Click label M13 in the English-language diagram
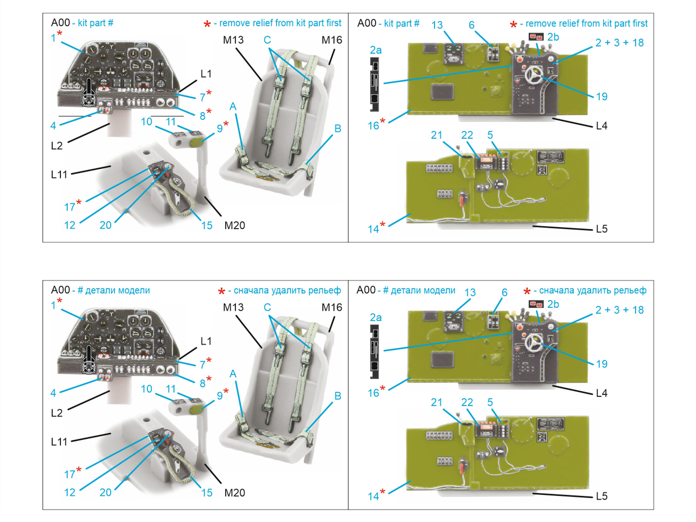coord(233,40)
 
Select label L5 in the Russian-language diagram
coord(602,496)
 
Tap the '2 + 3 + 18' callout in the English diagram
coord(619,43)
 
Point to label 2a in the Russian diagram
coord(375,318)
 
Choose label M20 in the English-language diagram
coord(234,225)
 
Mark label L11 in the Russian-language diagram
coord(59,442)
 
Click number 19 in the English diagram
coord(602,97)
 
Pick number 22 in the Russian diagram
coord(467,402)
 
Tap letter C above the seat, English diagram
coord(267,40)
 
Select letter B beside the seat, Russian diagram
coord(338,396)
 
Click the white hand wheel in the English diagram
coord(534,76)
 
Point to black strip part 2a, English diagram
coord(374,85)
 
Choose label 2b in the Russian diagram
coord(553,304)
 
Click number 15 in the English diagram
coord(207,225)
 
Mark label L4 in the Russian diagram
coord(602,393)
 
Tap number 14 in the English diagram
coord(373,229)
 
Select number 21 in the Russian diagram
coord(436,402)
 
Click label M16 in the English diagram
coord(331,40)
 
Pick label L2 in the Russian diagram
coord(57,413)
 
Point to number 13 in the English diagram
coord(437,25)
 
